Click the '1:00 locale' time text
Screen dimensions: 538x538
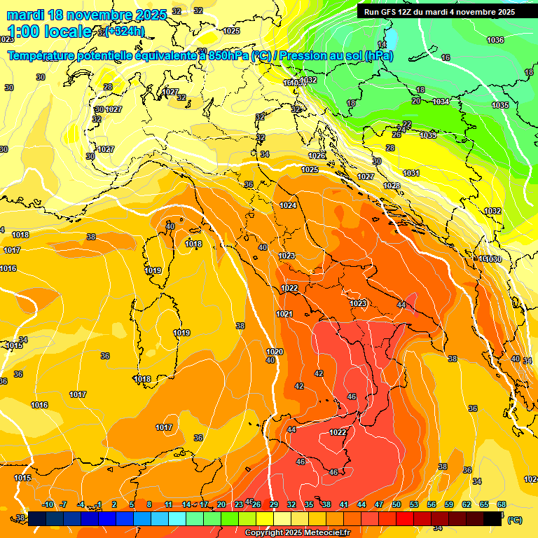(49, 32)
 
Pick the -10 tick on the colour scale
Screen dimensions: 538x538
(47, 504)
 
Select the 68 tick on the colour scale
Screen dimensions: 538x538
(502, 504)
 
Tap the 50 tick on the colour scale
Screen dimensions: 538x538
(396, 504)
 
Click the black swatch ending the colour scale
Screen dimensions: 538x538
(492, 518)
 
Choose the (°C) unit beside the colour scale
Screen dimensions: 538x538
(514, 520)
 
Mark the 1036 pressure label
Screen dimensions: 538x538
(495, 40)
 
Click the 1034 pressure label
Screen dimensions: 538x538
(441, 102)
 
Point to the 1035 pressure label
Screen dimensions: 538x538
(499, 105)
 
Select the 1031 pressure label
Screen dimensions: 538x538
(411, 173)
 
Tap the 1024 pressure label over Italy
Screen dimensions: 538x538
(288, 205)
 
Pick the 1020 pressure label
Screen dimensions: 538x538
(275, 352)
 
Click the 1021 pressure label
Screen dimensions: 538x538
(284, 314)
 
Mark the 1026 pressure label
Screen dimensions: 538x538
(317, 156)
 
